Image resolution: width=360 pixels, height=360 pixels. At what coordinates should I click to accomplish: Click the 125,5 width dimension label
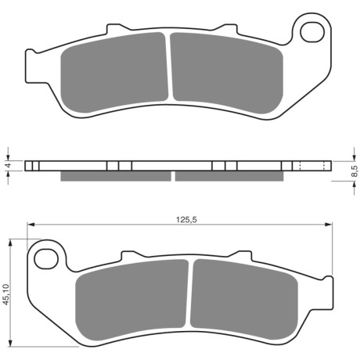186,220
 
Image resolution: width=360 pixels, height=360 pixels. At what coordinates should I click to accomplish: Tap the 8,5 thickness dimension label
355,171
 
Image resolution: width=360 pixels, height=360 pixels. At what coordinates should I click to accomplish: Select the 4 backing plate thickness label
9,165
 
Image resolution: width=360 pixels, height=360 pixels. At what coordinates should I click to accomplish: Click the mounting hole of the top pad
312,32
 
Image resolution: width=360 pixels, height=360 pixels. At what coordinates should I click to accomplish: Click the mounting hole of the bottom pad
46,259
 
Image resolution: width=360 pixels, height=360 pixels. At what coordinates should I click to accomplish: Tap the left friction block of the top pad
114,73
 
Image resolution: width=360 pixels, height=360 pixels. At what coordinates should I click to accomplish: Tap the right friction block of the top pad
226,73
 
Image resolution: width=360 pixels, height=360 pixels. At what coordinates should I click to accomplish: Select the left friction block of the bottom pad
131,300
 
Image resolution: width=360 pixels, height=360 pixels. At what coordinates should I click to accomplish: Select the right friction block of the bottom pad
244,299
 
